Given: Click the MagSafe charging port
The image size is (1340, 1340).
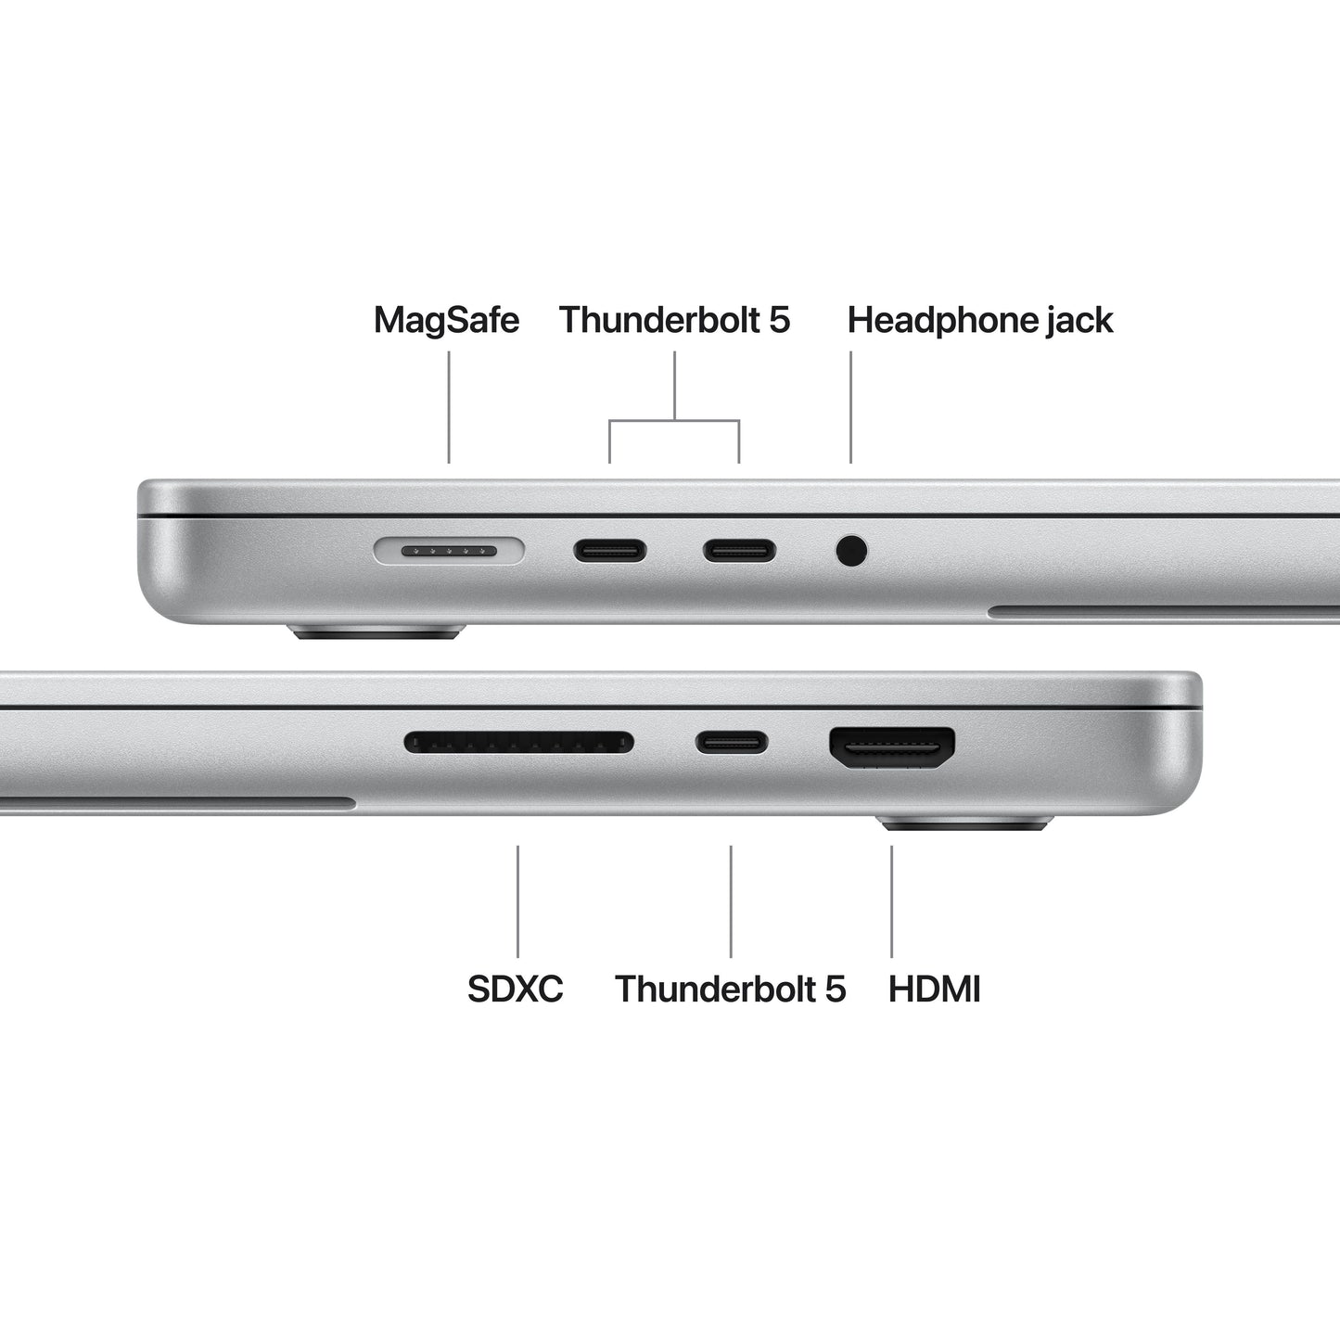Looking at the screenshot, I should pos(449,552).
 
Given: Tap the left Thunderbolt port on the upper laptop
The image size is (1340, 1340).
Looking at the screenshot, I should pos(609,551).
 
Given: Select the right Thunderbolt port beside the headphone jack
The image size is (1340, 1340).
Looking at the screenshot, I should pos(739,551).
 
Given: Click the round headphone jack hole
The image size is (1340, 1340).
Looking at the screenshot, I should pos(851,551).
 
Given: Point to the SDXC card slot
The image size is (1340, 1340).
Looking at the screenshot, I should pos(519,742).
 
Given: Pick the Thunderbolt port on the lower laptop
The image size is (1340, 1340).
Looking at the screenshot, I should pos(732,742).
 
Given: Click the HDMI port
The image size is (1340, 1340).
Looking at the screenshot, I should pos(892,747).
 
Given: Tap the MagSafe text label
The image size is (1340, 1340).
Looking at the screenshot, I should pos(446,320).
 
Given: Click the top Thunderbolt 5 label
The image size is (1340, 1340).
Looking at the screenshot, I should pos(674,320).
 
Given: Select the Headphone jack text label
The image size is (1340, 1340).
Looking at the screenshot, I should pos(980,320).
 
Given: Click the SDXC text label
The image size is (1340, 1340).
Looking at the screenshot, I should pos(516,989).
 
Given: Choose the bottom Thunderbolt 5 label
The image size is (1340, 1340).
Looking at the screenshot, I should pos(731,989).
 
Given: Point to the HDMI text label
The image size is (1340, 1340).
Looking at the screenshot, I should pos(934,989).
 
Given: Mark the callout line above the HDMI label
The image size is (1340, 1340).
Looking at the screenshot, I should pos(892,900).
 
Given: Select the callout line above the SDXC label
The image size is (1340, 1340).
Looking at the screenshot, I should pos(517,900).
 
